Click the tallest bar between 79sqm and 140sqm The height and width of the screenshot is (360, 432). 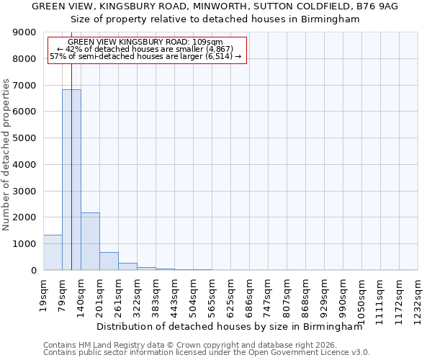71,180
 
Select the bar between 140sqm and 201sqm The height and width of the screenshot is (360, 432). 90,241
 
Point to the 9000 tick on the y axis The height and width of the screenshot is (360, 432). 25,32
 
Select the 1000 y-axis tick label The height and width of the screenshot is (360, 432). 25,244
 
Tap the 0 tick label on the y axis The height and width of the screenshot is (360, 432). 33,271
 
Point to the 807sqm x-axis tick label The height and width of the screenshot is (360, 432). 287,294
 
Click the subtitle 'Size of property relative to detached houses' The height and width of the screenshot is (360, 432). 215,19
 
